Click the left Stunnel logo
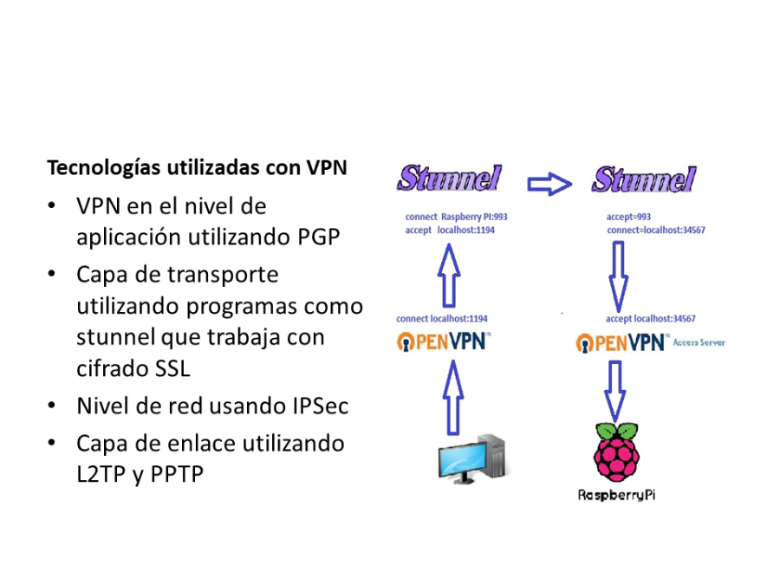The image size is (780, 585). click(x=449, y=179)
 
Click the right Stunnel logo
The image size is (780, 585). click(x=643, y=179)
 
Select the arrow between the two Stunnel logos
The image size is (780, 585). click(x=549, y=183)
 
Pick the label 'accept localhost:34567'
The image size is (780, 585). click(x=651, y=318)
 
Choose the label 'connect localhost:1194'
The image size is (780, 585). click(x=442, y=318)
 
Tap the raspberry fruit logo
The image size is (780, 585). click(x=617, y=452)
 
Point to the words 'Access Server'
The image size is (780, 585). click(x=699, y=342)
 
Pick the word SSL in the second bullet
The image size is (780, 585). click(x=172, y=367)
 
